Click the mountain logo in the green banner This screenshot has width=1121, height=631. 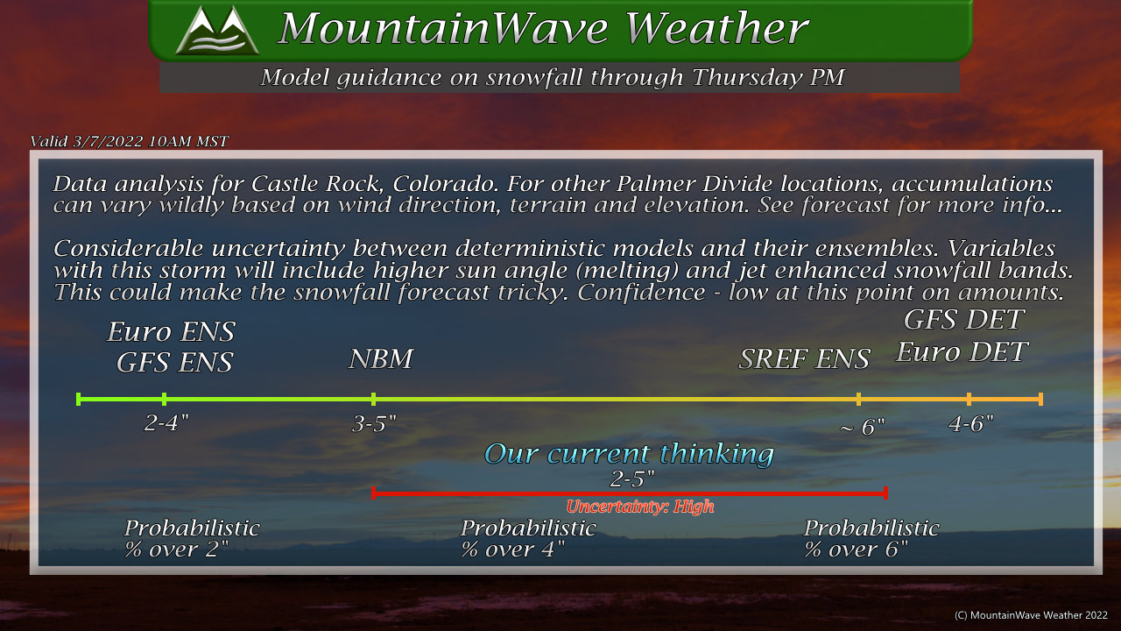click(x=217, y=30)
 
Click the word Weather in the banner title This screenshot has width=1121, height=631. click(x=716, y=28)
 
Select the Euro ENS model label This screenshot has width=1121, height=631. click(x=171, y=331)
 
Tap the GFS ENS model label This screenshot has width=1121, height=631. click(x=174, y=362)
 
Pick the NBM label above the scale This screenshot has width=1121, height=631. click(x=381, y=358)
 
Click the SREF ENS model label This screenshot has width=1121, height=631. click(x=804, y=358)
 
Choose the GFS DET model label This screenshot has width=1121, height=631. click(x=964, y=320)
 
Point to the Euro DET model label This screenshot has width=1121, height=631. click(x=962, y=351)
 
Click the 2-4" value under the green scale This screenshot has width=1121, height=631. click(x=166, y=423)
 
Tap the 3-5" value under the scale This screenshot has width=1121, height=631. click(x=374, y=424)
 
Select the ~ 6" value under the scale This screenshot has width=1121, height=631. click(x=863, y=427)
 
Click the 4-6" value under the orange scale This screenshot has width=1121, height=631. click(x=971, y=424)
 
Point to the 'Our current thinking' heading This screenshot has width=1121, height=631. click(x=629, y=454)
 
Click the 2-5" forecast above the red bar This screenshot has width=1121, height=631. click(x=632, y=479)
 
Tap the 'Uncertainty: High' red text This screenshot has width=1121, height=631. click(x=640, y=507)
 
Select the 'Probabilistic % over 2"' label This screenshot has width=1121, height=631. click(x=192, y=539)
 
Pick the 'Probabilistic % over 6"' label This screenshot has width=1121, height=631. click(x=871, y=539)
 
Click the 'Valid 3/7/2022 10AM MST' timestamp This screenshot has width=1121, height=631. click(x=129, y=142)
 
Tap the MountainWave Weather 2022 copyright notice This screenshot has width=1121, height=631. click(x=1031, y=615)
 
